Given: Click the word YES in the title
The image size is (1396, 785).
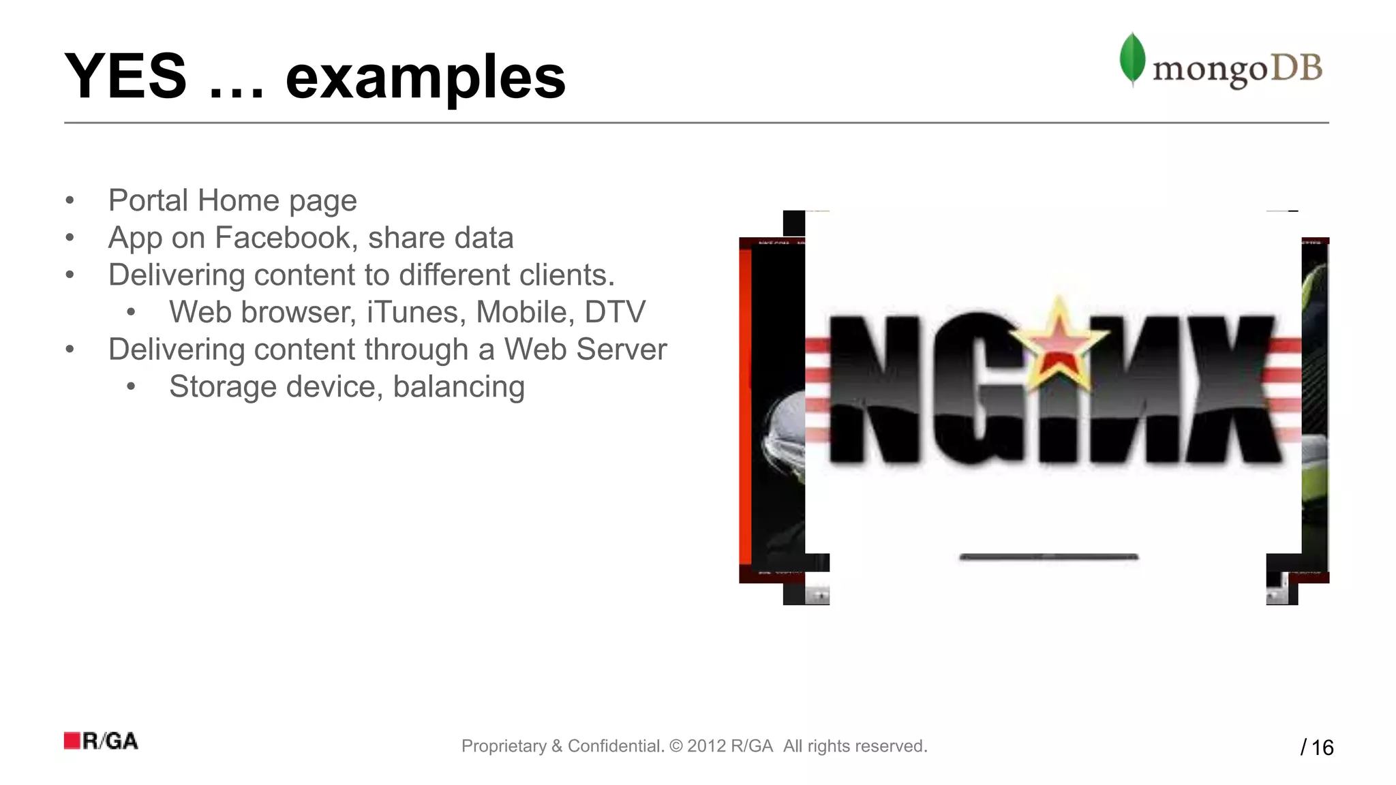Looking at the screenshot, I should coord(125,76).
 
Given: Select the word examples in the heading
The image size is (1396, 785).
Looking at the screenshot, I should coord(425,79).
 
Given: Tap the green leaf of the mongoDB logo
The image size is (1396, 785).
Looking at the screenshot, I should coord(1132,59).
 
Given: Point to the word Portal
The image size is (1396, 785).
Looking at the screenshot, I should coord(148,200).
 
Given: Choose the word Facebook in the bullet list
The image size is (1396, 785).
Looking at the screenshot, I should coord(286,238).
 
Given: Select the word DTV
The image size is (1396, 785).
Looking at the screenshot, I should coord(615,312).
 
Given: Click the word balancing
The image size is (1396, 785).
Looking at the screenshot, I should coord(459,387).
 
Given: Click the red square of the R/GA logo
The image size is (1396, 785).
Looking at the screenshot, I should coord(72,741).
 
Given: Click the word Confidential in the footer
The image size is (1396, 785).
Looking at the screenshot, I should coord(615,746).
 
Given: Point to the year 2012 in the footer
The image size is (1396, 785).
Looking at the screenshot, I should coord(705,746).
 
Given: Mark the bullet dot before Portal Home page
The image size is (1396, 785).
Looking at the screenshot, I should coord(70,201).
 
